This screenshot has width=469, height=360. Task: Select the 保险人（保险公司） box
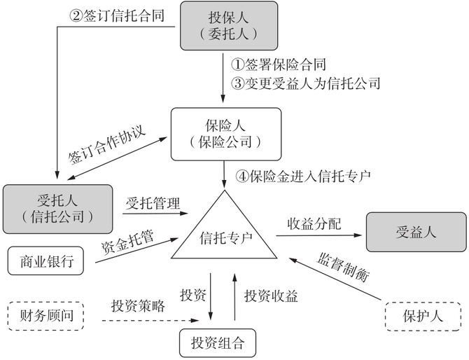(226, 131)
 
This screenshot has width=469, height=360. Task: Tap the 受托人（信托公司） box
(57, 209)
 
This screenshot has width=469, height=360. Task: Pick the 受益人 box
(416, 232)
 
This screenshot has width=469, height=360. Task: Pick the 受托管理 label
(153, 204)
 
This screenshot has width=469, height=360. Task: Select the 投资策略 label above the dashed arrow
(138, 306)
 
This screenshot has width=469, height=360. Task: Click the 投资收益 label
(271, 296)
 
